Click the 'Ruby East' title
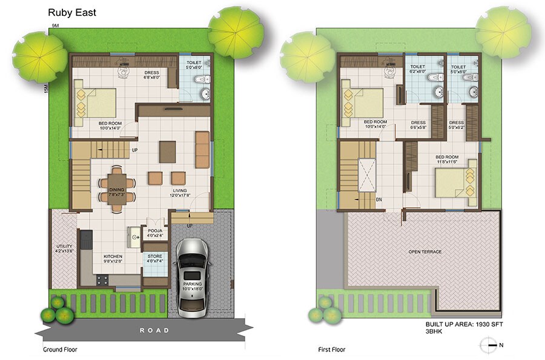[68, 11]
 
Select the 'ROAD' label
[154, 330]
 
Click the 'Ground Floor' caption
[60, 350]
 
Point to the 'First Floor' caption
[332, 350]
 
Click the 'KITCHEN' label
[113, 256]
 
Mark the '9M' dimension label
[55, 26]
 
